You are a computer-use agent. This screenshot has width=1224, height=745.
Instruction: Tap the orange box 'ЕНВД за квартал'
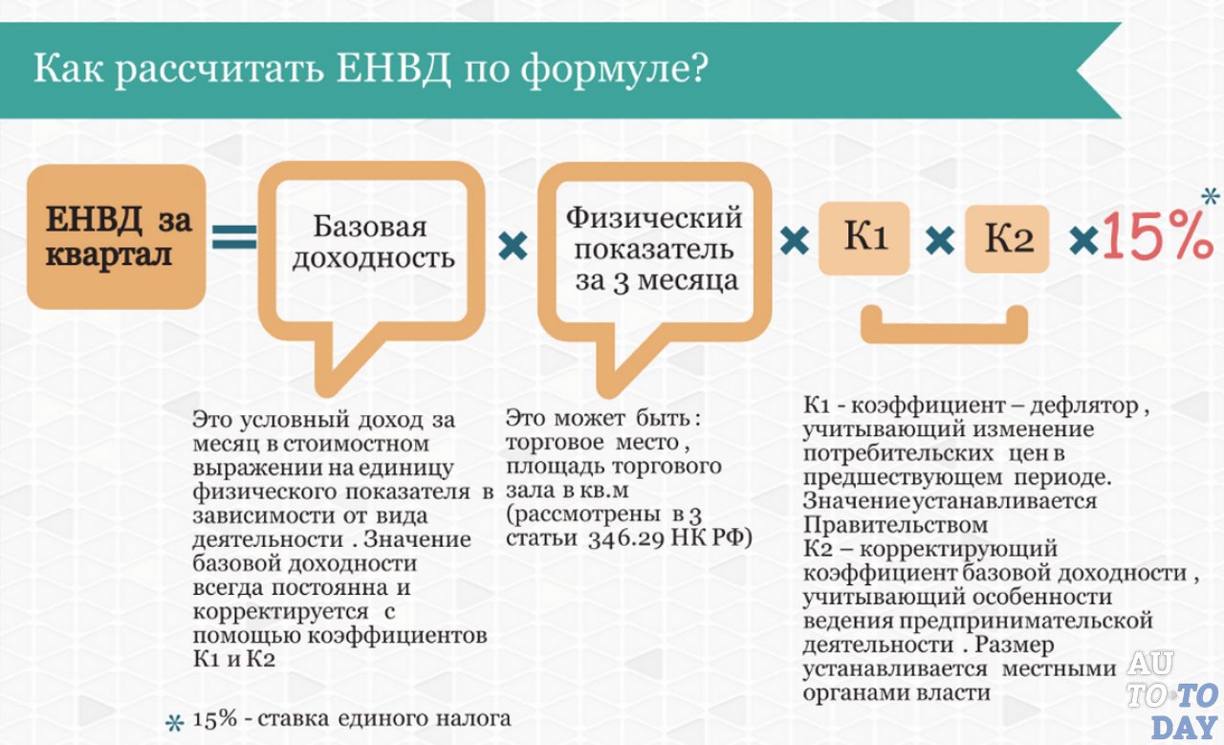tap(116, 236)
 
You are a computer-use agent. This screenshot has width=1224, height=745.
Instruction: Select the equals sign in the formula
tap(234, 236)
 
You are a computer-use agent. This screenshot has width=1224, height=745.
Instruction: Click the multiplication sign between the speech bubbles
tap(513, 248)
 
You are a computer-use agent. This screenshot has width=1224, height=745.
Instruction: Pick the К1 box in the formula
tap(863, 238)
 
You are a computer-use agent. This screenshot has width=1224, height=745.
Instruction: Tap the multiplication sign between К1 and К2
tap(940, 240)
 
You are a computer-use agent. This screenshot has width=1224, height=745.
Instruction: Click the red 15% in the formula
tap(1156, 236)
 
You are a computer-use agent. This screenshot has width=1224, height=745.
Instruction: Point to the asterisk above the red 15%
tap(1210, 197)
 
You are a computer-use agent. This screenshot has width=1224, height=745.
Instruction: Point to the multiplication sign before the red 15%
tap(1083, 239)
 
